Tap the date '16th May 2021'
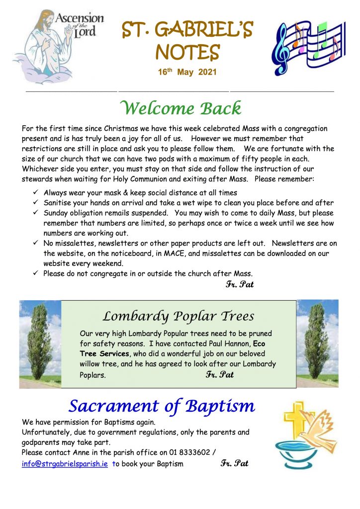click(187, 72)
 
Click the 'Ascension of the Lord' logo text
click(80, 25)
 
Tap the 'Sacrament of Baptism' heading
click(162, 406)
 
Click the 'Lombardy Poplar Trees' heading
click(178, 316)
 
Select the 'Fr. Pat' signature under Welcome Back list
click(240, 284)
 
